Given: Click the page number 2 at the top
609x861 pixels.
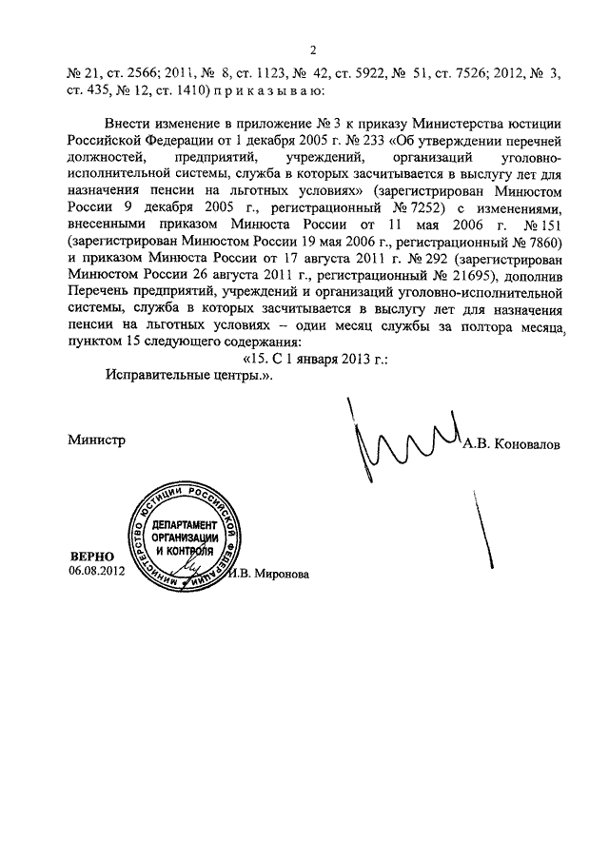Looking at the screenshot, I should [x=313, y=50].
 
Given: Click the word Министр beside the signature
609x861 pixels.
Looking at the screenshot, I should [x=97, y=440].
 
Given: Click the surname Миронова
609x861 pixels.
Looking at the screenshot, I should [x=282, y=574].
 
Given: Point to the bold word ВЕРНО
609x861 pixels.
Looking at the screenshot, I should [x=90, y=555].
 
